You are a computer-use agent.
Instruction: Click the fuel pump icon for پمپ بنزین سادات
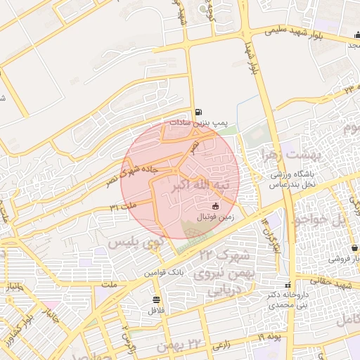point(199,112)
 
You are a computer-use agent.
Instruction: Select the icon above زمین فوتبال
point(215,206)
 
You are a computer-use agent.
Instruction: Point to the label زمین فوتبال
point(214,218)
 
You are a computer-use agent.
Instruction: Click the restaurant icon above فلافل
point(155,300)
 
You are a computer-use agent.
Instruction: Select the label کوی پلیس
point(134,242)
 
